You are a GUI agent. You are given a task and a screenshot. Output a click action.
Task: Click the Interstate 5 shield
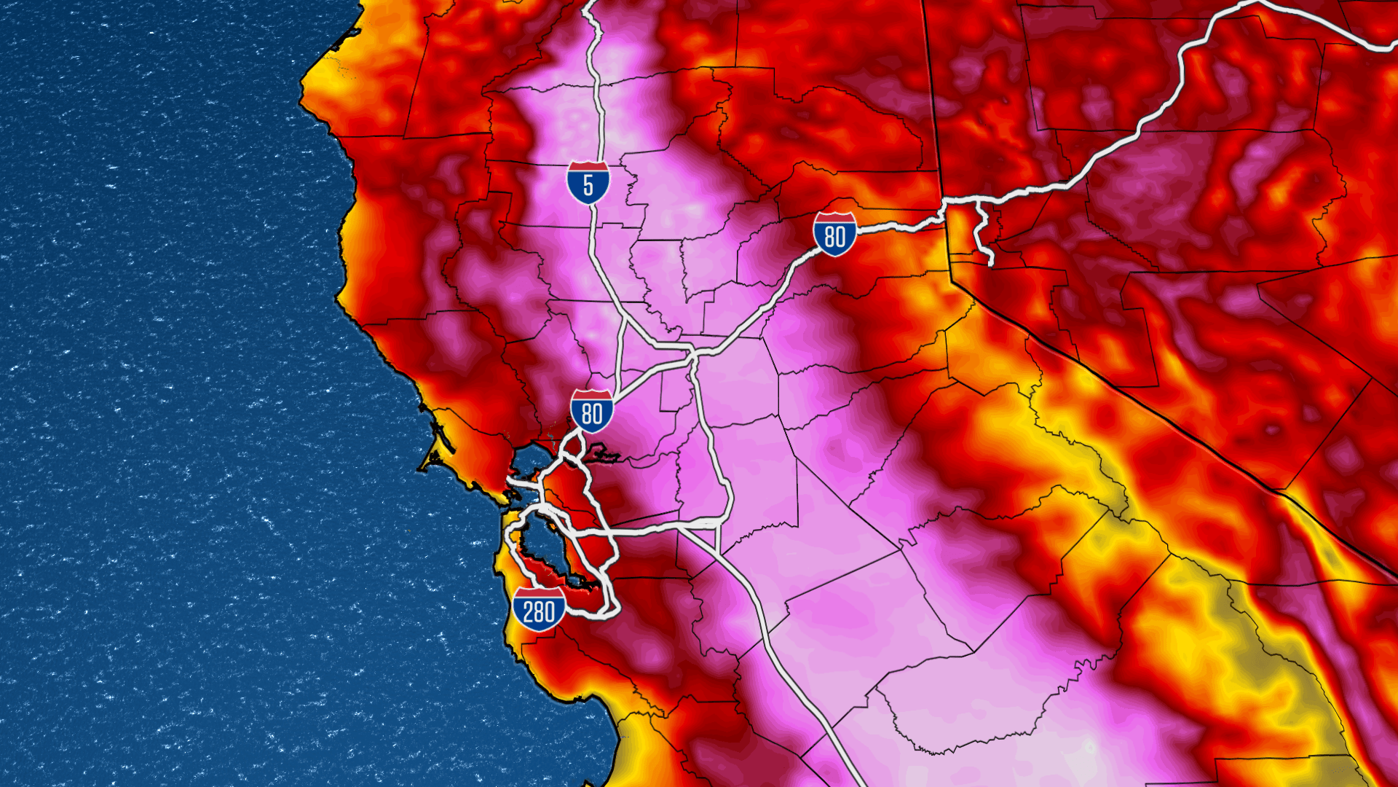588,184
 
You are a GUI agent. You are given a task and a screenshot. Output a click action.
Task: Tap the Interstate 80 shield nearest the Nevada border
834,235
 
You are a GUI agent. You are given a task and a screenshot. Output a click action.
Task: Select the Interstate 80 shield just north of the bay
591,412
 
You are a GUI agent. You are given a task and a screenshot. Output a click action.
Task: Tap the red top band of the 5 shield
588,167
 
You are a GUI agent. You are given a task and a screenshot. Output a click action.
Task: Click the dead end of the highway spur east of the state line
990,262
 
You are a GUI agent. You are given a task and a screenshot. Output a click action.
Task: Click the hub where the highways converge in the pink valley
692,355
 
